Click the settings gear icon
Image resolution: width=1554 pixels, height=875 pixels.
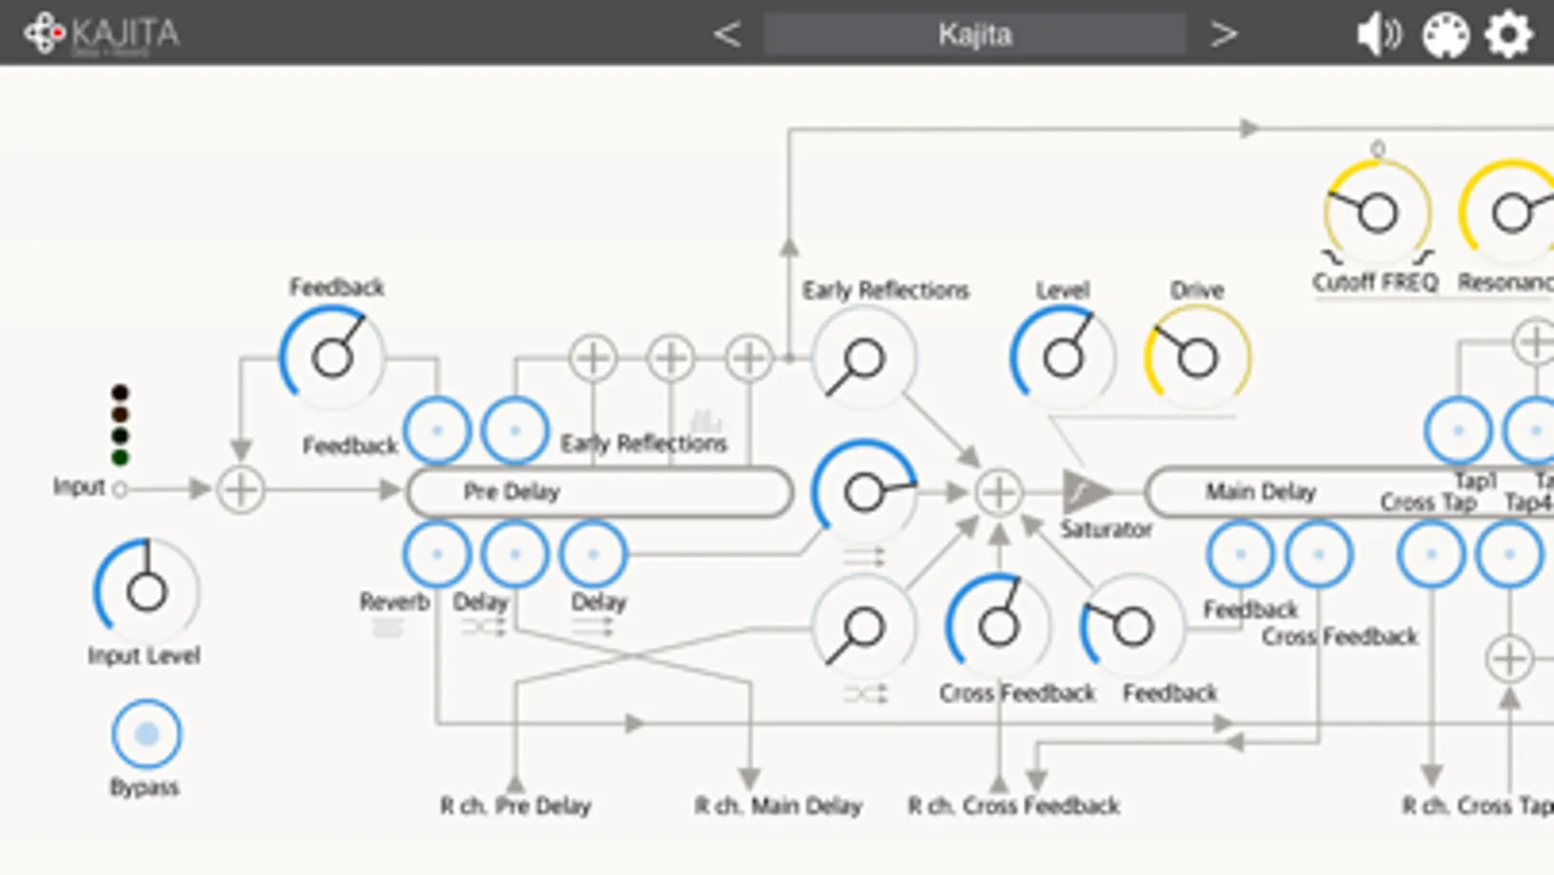(1507, 34)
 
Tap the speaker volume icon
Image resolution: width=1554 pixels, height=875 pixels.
(1378, 34)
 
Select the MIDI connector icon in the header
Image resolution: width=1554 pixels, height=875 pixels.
(1445, 35)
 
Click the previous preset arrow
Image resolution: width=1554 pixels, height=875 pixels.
(726, 34)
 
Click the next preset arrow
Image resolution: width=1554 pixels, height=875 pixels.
(1224, 34)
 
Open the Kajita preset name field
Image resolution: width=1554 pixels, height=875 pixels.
(974, 34)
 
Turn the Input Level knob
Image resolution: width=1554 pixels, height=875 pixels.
(146, 590)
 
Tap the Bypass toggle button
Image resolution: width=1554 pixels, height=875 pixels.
(146, 734)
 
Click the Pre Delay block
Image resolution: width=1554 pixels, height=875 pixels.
(599, 492)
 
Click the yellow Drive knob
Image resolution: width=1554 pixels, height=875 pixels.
(1196, 357)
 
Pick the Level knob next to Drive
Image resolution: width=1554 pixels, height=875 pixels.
(1062, 357)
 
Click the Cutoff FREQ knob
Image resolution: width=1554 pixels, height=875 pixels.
(1376, 213)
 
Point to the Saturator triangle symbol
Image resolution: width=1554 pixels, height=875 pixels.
(1084, 492)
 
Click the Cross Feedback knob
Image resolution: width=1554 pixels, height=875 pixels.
(997, 626)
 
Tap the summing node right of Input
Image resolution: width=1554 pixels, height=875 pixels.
(241, 489)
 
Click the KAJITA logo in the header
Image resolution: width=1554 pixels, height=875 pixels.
(102, 34)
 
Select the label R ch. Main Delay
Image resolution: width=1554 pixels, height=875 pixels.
(777, 806)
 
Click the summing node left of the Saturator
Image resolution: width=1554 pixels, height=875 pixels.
(998, 492)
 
